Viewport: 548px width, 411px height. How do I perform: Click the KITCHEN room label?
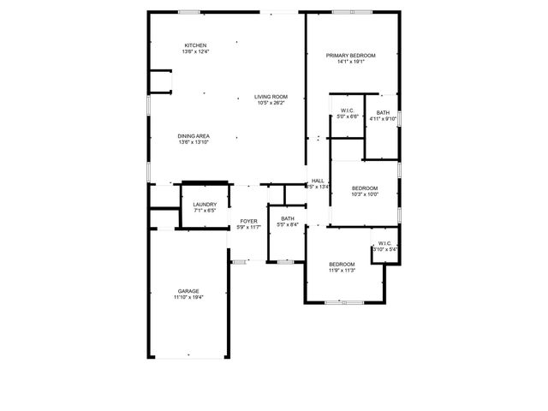195,45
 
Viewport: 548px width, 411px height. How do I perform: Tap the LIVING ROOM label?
271,97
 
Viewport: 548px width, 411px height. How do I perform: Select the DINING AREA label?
194,136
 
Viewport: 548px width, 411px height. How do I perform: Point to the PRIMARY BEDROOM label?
351,56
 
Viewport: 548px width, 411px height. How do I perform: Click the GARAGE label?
188,291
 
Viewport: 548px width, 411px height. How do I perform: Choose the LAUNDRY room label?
205,204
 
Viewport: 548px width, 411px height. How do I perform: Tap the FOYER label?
248,221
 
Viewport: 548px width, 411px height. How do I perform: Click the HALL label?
318,181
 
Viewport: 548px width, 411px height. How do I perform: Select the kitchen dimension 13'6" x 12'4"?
195,51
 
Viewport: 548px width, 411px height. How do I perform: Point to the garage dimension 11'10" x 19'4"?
188,297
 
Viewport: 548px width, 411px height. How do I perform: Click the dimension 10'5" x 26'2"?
271,103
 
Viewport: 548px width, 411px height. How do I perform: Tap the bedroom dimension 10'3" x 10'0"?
365,194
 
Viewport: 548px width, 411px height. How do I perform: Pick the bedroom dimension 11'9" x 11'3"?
342,270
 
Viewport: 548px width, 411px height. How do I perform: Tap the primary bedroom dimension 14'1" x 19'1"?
351,62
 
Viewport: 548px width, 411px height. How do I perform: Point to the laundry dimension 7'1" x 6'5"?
205,210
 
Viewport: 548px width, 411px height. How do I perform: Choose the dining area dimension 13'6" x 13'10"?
194,142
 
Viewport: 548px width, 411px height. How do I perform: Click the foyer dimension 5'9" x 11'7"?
249,227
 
